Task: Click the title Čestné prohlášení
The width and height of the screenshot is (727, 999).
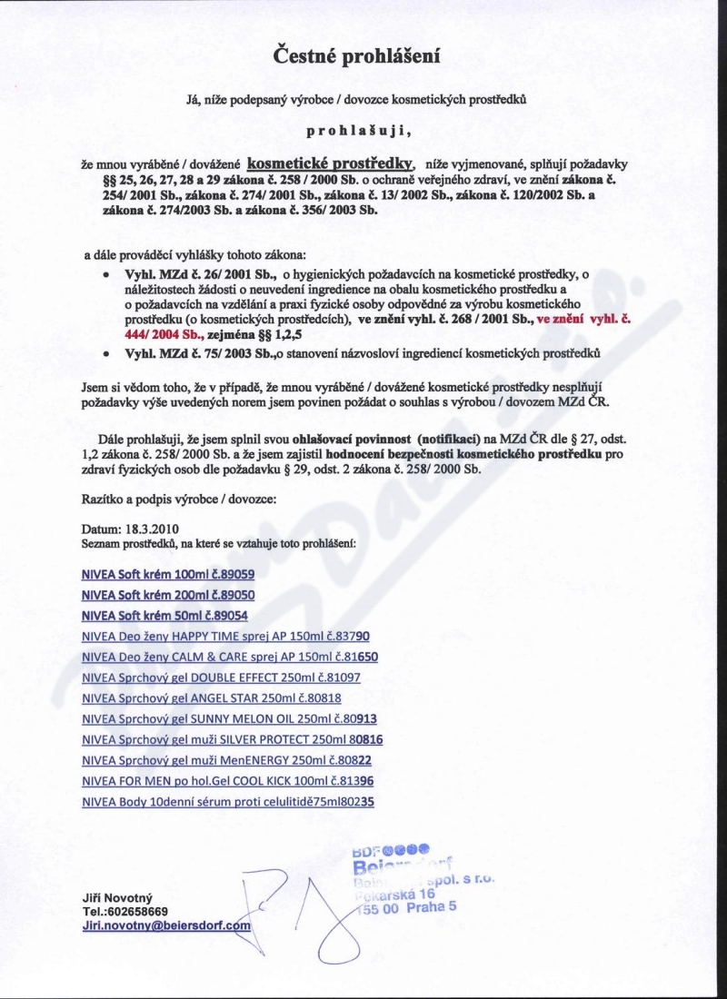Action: pyautogui.click(x=357, y=56)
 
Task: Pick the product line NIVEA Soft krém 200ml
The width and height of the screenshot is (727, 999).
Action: pyautogui.click(x=168, y=595)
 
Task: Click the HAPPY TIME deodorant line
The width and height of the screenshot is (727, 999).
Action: pyautogui.click(x=225, y=637)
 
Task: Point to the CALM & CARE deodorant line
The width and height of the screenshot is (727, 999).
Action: pyautogui.click(x=229, y=657)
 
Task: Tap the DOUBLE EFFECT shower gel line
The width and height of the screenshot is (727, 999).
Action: pyautogui.click(x=221, y=678)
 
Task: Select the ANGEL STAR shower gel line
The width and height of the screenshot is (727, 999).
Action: pyautogui.click(x=212, y=698)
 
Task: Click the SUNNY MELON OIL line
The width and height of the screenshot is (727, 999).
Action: pyautogui.click(x=229, y=719)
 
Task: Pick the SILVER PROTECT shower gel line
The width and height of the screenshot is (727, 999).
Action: pyautogui.click(x=233, y=739)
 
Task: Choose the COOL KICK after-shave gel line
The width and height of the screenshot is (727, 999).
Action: pyautogui.click(x=228, y=781)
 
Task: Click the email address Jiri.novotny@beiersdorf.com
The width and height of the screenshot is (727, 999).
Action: pyautogui.click(x=165, y=925)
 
